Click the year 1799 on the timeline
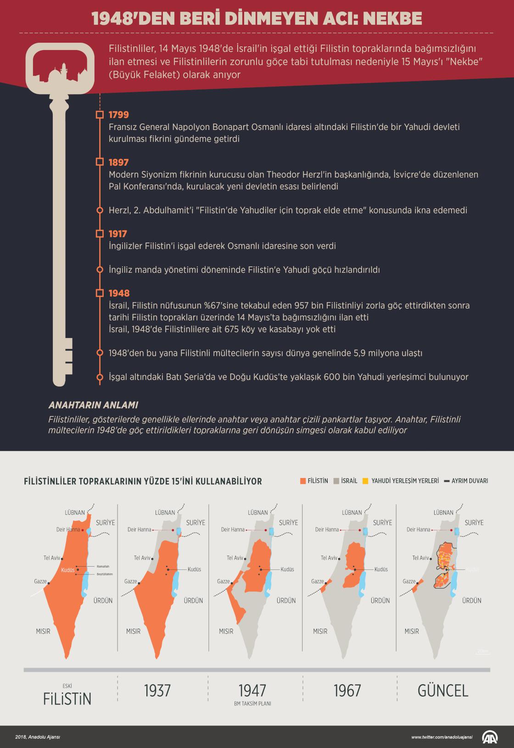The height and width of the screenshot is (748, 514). pos(119,115)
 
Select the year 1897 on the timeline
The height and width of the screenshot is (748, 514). pos(119,162)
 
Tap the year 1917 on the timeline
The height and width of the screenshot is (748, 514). pos(118,234)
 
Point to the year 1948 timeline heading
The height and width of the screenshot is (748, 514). pos(119,293)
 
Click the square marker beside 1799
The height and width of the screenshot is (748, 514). pos(100,115)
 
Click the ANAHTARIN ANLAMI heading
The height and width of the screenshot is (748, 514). pos(93,405)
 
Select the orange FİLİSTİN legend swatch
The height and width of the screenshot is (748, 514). pos(302,481)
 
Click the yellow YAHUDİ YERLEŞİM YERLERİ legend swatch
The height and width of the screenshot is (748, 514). pos(365,481)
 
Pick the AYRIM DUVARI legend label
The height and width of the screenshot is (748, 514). pos(469,481)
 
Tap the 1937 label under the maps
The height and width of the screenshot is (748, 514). pos(157,691)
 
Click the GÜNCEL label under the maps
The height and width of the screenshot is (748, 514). pos(442,691)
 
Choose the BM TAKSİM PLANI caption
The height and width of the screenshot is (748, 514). pos(252,703)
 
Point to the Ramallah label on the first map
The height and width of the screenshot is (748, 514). pos(103,566)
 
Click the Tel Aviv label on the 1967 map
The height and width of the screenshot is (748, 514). pos(329,558)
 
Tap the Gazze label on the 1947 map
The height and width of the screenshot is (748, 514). pos(223,581)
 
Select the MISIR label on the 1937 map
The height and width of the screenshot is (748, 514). pos(133,631)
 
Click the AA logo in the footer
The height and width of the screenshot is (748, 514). pos(490,737)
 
